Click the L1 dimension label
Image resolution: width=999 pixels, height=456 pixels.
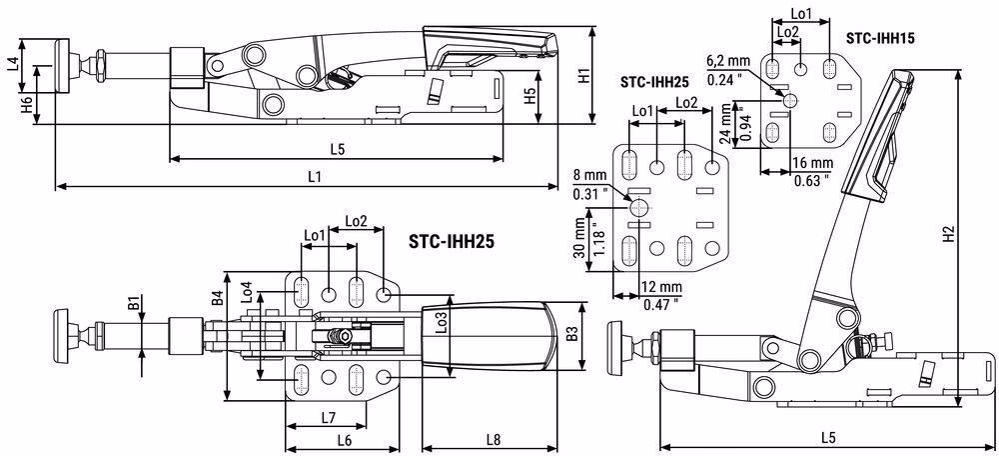point(314,177)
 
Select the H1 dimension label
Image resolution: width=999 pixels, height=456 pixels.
point(584,77)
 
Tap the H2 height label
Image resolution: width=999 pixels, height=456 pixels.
point(949,235)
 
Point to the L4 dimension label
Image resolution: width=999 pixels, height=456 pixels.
point(12,64)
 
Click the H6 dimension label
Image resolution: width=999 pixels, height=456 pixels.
point(26,105)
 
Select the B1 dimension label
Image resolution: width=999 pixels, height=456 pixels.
point(133,304)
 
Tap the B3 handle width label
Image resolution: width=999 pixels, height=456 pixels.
point(571,334)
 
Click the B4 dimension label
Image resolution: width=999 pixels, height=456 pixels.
point(217,299)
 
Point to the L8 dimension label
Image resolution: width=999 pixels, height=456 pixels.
point(494,439)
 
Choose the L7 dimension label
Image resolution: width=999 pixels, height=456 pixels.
point(329,418)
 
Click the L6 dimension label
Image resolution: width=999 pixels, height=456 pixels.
point(344,439)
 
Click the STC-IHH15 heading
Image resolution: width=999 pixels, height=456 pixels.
point(880,38)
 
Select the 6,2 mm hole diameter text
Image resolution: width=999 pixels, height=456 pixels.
point(729,62)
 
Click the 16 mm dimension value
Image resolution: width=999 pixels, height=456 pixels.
point(813,163)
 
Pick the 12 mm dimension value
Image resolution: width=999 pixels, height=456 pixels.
point(662,287)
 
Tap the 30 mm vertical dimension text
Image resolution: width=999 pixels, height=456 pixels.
point(579,236)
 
